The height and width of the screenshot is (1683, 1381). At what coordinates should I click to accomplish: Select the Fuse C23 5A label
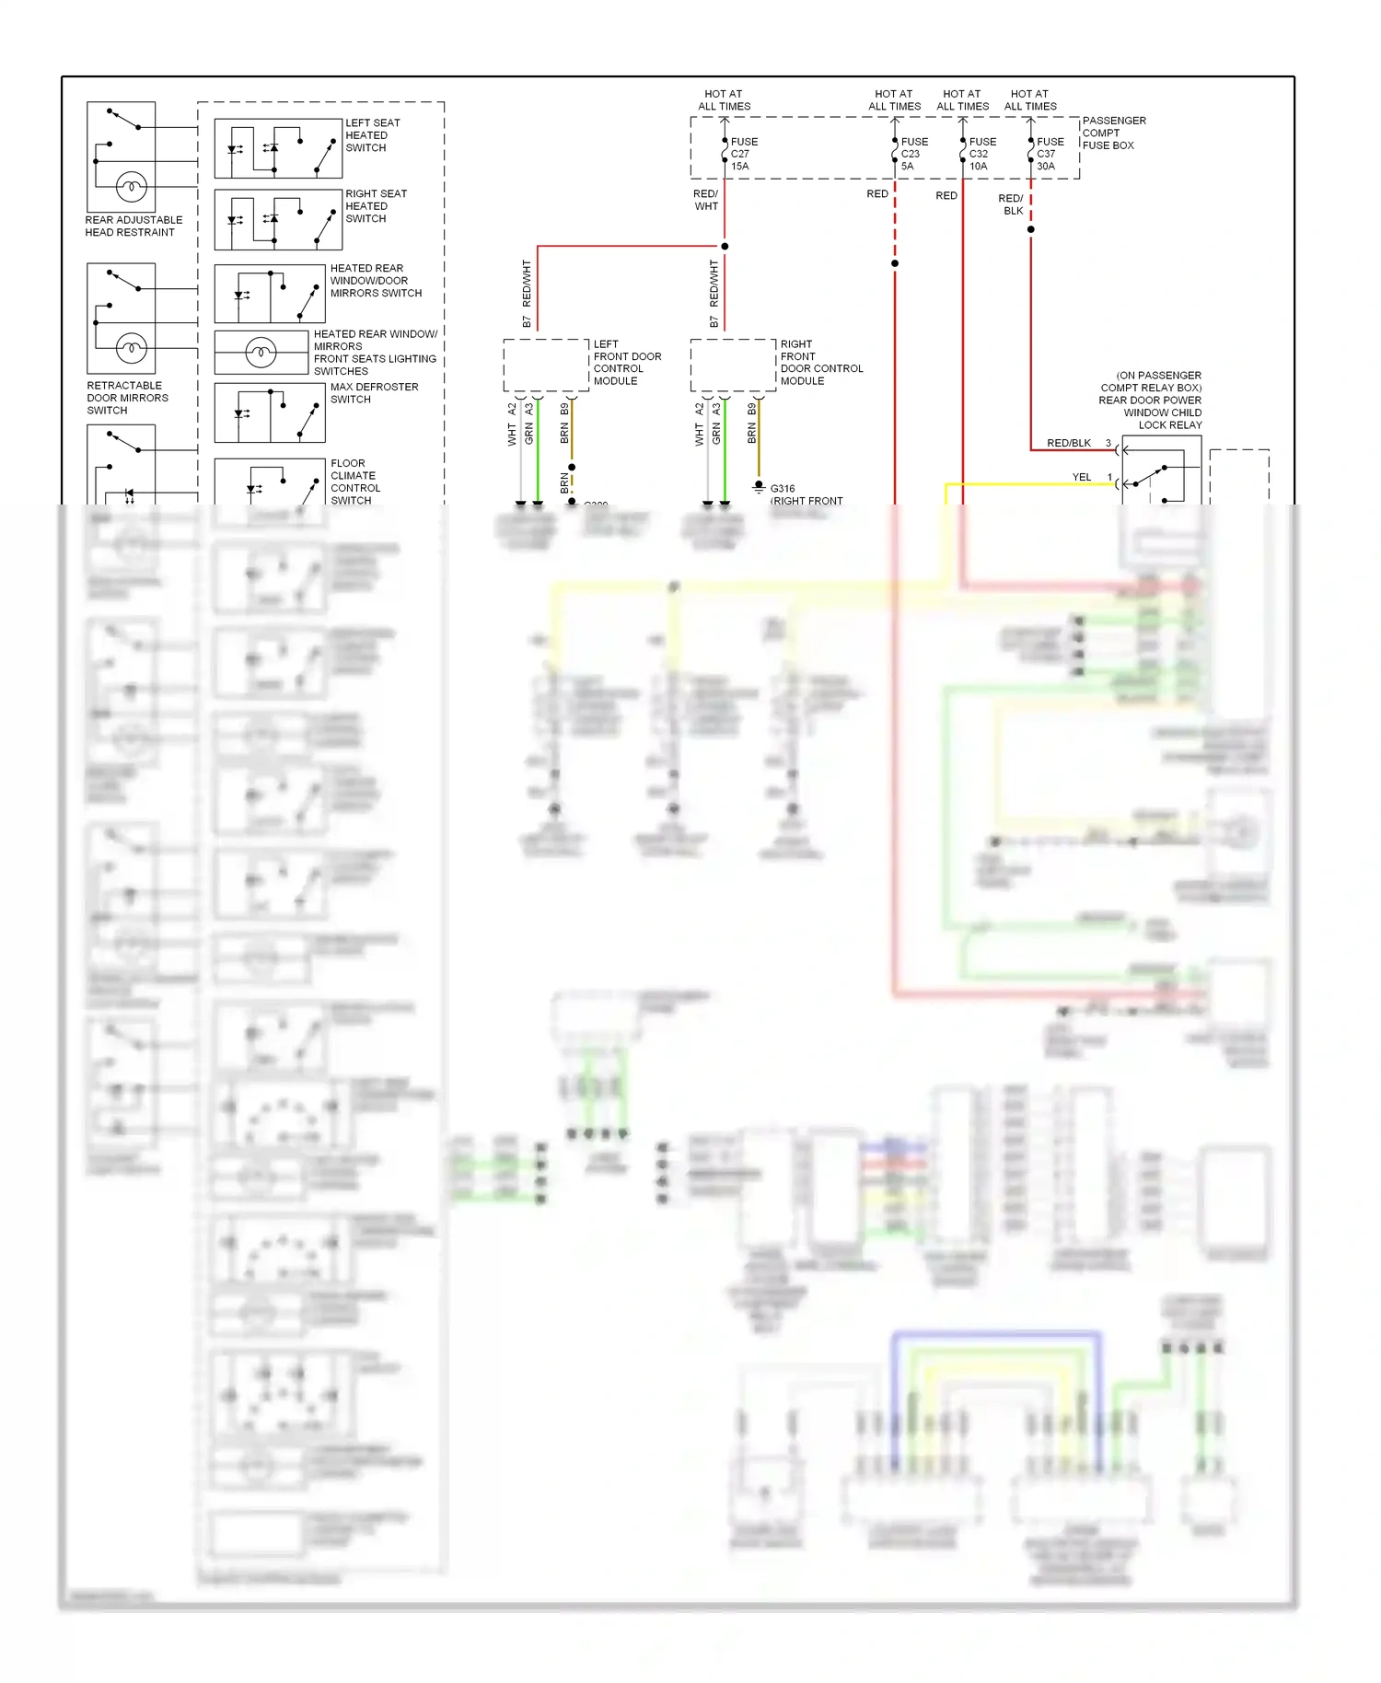(x=913, y=154)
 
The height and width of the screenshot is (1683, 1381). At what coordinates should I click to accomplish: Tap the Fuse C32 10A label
(x=981, y=154)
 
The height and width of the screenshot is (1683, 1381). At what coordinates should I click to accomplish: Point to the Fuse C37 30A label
(x=1050, y=154)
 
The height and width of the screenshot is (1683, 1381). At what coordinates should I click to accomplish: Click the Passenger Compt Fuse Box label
(x=1113, y=133)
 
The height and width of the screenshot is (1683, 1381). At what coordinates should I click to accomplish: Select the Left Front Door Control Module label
(x=626, y=362)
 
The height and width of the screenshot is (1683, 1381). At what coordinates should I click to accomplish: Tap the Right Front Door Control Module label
(x=820, y=362)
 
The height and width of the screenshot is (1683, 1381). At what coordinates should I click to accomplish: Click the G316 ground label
(x=782, y=489)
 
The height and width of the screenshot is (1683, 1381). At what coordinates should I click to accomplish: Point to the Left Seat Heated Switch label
(x=372, y=135)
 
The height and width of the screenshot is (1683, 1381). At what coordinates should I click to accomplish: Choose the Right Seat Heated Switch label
(x=375, y=206)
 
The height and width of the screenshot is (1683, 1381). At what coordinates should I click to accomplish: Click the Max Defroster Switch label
(x=373, y=393)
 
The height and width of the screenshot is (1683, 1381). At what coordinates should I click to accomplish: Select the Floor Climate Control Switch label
(x=354, y=482)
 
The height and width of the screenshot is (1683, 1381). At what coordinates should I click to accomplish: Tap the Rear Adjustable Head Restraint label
(x=133, y=226)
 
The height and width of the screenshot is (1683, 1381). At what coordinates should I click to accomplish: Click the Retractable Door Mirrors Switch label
(x=127, y=398)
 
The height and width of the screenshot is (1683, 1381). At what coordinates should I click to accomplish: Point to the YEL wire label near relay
(x=1081, y=477)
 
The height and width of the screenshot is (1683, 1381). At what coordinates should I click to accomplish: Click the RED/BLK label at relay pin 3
(x=1068, y=443)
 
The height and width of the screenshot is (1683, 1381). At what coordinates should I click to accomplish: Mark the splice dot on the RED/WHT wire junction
(x=725, y=246)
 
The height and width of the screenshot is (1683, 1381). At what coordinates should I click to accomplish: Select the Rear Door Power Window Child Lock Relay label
(x=1151, y=400)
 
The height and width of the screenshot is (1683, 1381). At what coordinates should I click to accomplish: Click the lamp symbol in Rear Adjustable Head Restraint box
(x=131, y=188)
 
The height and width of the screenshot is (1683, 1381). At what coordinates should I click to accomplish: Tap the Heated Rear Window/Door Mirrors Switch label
(x=375, y=281)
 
